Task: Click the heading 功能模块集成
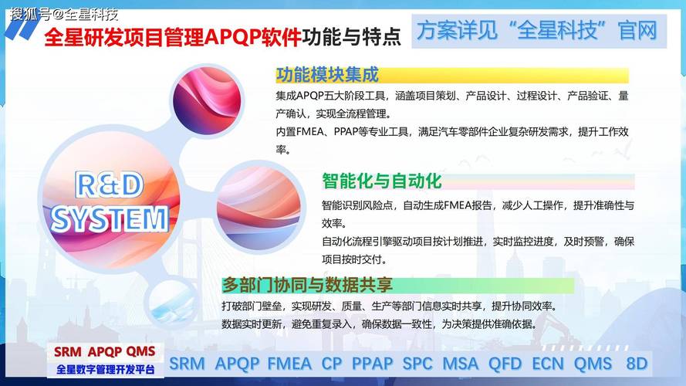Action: [x=328, y=75]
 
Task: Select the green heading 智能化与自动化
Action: [x=381, y=181]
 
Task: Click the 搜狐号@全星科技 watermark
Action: [x=64, y=13]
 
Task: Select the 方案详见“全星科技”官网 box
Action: [x=537, y=30]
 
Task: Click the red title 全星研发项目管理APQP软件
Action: [x=172, y=36]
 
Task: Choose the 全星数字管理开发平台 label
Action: [x=105, y=370]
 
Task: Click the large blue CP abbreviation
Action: [x=332, y=363]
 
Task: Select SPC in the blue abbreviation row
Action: [x=417, y=363]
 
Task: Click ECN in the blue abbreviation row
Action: [x=548, y=363]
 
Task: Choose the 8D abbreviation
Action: [x=637, y=363]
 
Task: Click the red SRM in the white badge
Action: [x=68, y=352]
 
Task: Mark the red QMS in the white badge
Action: [x=140, y=352]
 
